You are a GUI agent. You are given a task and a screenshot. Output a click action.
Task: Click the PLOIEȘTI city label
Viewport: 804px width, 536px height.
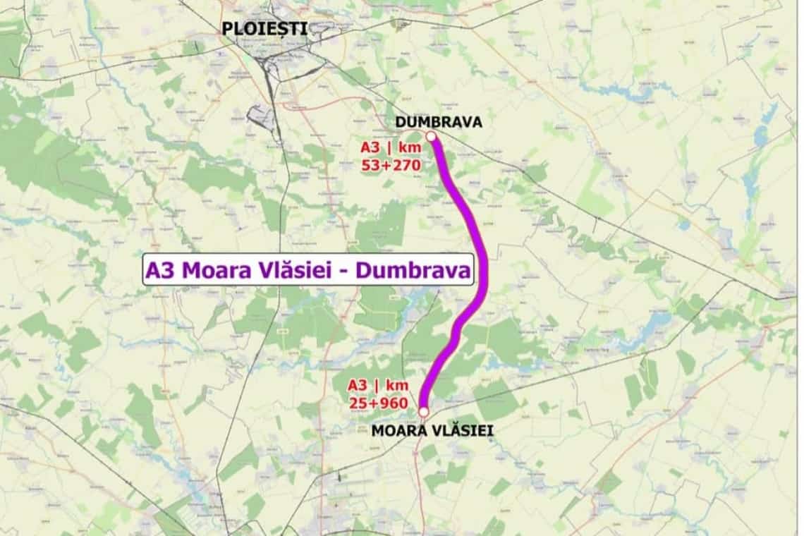264,29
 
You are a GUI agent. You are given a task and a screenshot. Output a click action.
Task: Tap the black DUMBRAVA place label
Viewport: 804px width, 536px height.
438,122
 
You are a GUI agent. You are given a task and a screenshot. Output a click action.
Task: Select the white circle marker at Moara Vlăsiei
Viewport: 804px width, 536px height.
423,411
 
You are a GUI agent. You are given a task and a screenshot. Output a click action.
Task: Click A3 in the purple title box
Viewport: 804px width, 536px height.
160,270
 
